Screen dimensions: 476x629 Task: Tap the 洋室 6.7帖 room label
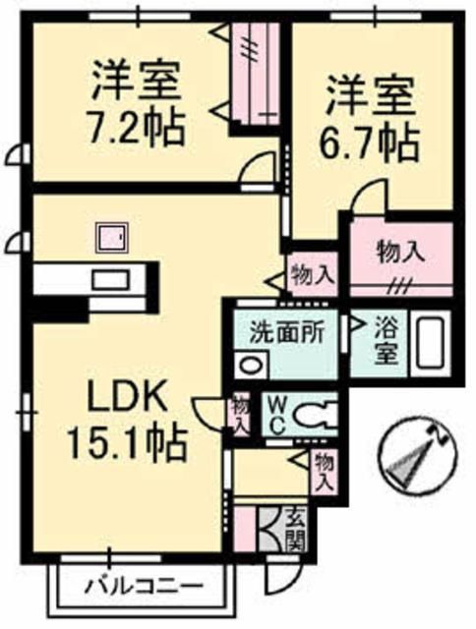click(x=369, y=117)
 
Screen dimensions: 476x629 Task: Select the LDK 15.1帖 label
click(x=128, y=421)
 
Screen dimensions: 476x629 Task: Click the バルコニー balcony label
click(x=144, y=588)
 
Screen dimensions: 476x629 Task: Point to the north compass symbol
click(x=418, y=453)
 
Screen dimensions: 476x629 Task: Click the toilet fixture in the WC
click(x=315, y=416)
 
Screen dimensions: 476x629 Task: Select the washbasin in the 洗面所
click(x=251, y=365)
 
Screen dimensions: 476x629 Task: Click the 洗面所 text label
click(x=286, y=332)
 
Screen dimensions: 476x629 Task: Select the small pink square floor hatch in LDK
click(x=111, y=238)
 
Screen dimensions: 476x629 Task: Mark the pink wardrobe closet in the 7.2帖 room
click(x=256, y=73)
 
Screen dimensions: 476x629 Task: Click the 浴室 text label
click(x=387, y=341)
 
